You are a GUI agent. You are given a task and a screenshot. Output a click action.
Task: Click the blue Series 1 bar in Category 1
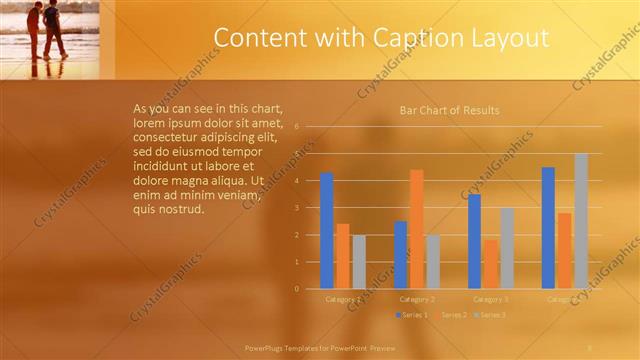pos(326,231)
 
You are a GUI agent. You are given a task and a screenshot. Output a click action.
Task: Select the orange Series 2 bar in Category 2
pos(416,229)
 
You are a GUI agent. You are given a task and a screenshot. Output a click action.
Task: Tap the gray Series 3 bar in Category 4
pos(581,221)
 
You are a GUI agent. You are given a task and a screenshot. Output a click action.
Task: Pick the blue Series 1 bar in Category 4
pos(548,228)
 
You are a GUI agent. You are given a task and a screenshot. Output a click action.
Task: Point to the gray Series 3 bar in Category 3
pos(507,248)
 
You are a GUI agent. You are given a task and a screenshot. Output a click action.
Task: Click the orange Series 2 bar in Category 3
pos(491,264)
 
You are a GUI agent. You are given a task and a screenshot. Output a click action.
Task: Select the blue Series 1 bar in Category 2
pos(400,255)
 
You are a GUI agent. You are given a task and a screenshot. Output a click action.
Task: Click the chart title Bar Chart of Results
pos(449,110)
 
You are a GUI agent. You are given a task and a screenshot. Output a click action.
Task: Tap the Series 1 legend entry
pos(412,315)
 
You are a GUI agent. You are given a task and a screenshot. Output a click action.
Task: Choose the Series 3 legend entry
pos(489,315)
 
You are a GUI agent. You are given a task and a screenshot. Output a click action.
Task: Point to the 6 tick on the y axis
pos(296,127)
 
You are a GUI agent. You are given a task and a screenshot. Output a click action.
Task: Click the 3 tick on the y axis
pos(296,208)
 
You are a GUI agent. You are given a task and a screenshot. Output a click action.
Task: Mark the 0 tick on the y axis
pos(296,289)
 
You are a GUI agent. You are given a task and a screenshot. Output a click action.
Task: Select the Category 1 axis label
pos(343,299)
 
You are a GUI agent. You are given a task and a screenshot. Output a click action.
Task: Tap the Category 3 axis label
pos(491,299)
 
